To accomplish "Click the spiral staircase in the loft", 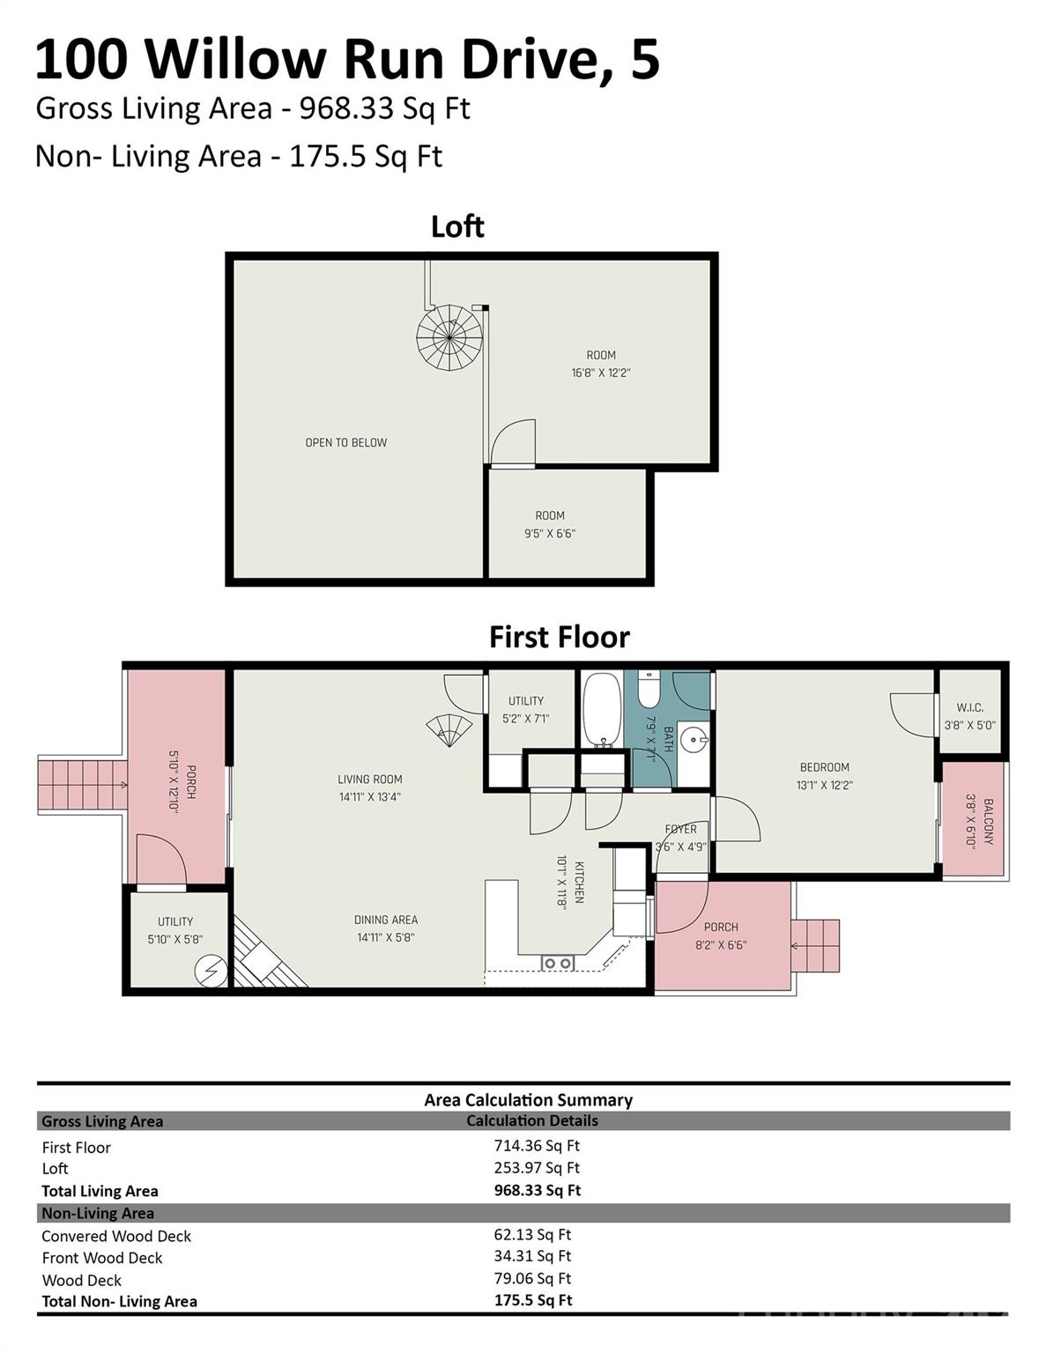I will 449,337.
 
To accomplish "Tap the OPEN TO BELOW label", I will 345,442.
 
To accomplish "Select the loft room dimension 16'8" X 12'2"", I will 600,373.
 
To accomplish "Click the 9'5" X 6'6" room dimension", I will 549,533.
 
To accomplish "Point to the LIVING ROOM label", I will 369,779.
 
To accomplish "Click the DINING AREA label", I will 385,920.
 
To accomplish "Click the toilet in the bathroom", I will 649,690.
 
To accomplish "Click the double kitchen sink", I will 557,963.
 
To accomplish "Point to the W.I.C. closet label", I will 969,707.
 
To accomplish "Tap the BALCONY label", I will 988,821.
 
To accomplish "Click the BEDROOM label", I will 824,767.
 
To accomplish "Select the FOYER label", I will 680,829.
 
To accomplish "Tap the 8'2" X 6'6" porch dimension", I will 720,944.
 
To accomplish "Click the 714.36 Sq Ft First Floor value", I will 536,1145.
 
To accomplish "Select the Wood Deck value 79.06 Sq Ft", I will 532,1278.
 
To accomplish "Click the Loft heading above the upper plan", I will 457,226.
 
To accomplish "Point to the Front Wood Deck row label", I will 102,1258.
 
